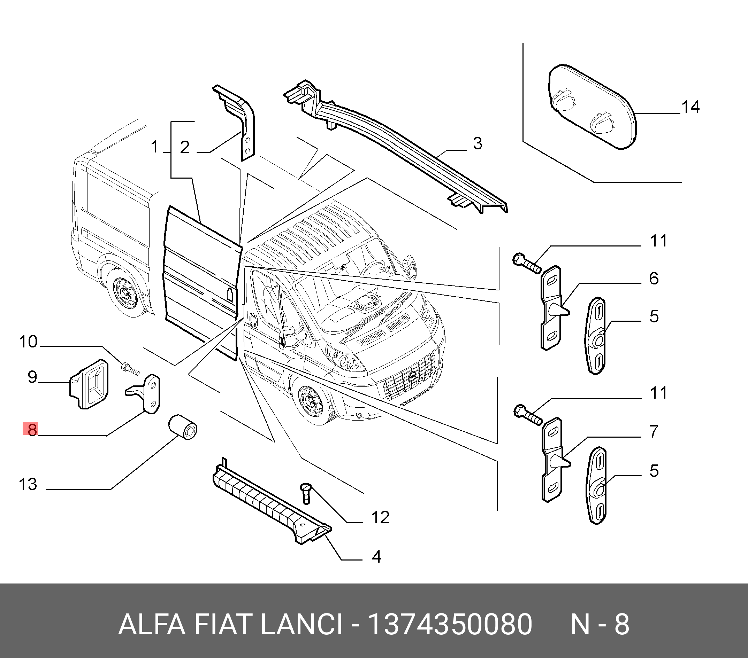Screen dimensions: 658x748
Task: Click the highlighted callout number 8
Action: click(32, 429)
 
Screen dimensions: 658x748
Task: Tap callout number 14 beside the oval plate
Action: click(690, 107)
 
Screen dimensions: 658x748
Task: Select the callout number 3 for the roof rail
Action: click(477, 143)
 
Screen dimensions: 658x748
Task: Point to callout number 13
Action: click(28, 484)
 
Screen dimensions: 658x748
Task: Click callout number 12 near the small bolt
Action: click(380, 518)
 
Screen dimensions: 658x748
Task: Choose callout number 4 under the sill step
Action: click(376, 556)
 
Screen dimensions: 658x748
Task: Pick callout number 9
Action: click(32, 377)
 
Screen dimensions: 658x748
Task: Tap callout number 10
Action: click(28, 342)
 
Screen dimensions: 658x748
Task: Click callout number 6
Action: click(654, 278)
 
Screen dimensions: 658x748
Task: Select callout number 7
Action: click(654, 431)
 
